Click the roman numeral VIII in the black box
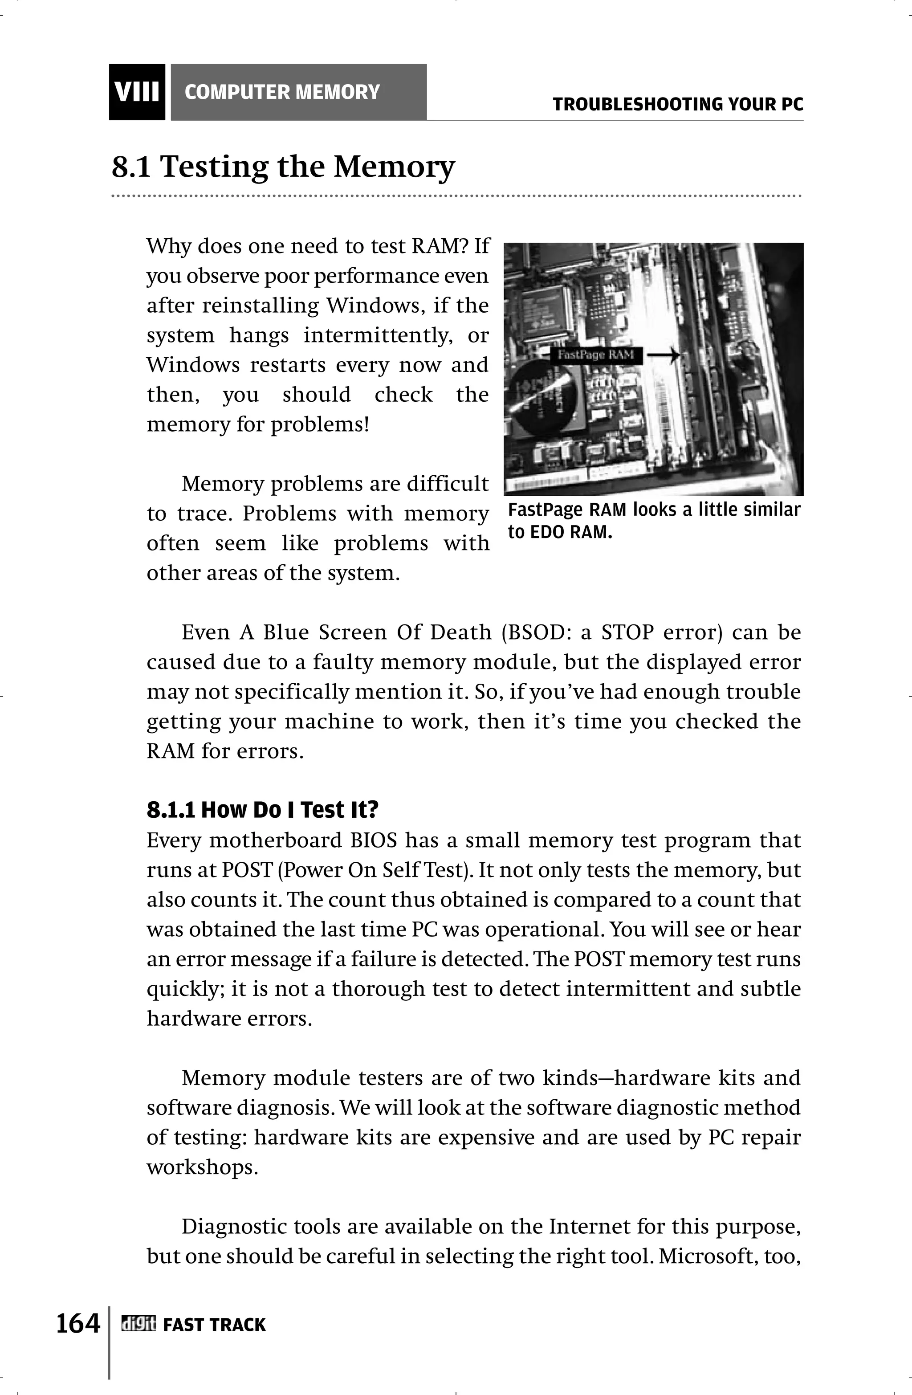(137, 93)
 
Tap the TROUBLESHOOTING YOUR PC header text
(678, 104)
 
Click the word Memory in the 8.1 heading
(394, 167)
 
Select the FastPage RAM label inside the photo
(596, 355)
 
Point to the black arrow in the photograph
(664, 355)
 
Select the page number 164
(78, 1323)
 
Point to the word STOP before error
(627, 632)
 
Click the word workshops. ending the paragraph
(202, 1167)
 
